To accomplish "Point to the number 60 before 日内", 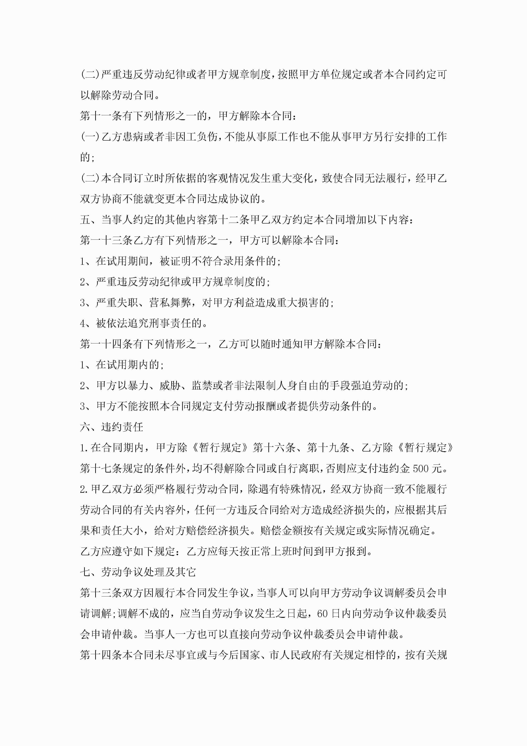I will click(322, 614).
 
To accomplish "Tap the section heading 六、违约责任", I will click(111, 427).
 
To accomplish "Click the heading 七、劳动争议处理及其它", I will click(138, 572).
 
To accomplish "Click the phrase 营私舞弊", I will click(170, 302).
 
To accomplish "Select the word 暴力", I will click(138, 386).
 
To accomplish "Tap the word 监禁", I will click(202, 386).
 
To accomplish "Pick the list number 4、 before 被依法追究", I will click(86, 323).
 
